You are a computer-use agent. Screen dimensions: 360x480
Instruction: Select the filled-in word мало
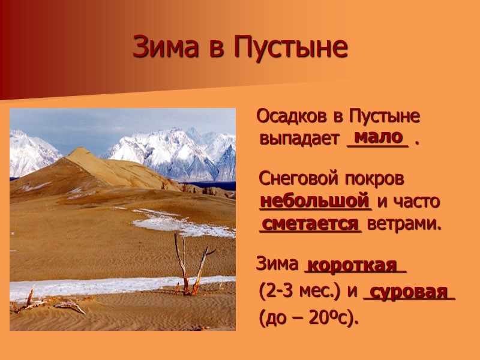click(378, 137)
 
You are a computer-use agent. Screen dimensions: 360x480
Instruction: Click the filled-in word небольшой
click(314, 200)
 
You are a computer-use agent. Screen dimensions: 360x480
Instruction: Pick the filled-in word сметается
click(310, 224)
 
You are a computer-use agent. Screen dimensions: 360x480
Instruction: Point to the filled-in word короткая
click(356, 265)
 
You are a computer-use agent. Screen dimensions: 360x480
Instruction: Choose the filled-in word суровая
click(409, 292)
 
